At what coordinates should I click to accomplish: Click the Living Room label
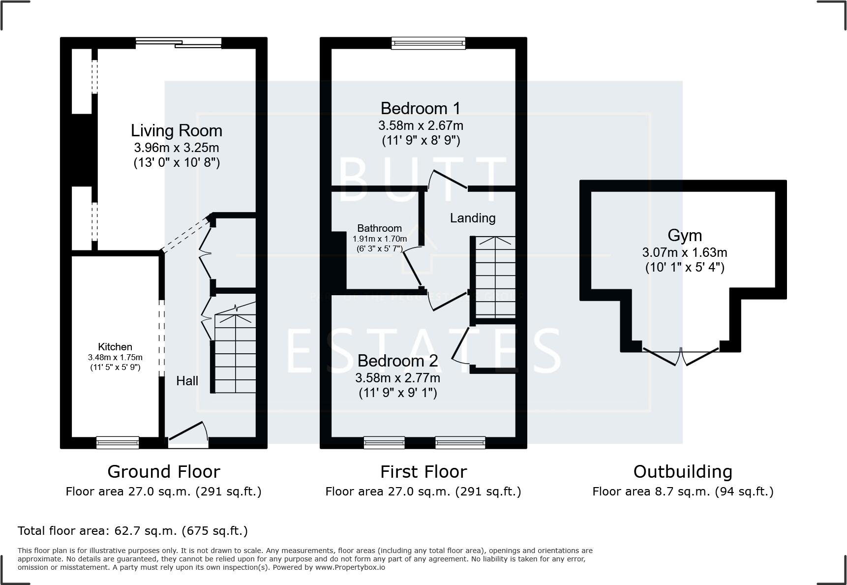point(176,131)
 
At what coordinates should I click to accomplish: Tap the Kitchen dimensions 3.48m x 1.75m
point(115,358)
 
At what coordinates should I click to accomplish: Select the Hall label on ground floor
point(187,381)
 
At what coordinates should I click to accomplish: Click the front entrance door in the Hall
point(187,433)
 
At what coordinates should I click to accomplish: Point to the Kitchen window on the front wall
point(118,442)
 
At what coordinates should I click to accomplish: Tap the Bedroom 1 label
point(421,108)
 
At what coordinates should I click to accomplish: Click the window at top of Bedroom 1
point(428,43)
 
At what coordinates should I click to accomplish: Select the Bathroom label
point(379,228)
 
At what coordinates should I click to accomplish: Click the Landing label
point(473,218)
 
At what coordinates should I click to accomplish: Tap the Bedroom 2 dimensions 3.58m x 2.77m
point(397,378)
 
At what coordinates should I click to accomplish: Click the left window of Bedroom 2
point(384,442)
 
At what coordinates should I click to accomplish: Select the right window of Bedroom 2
point(460,442)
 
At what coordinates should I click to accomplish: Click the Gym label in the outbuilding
point(685,236)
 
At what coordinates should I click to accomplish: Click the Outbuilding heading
point(683,472)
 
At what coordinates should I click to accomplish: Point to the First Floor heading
point(423,472)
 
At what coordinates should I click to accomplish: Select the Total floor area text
point(133,531)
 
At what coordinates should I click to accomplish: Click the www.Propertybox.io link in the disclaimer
point(350,567)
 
